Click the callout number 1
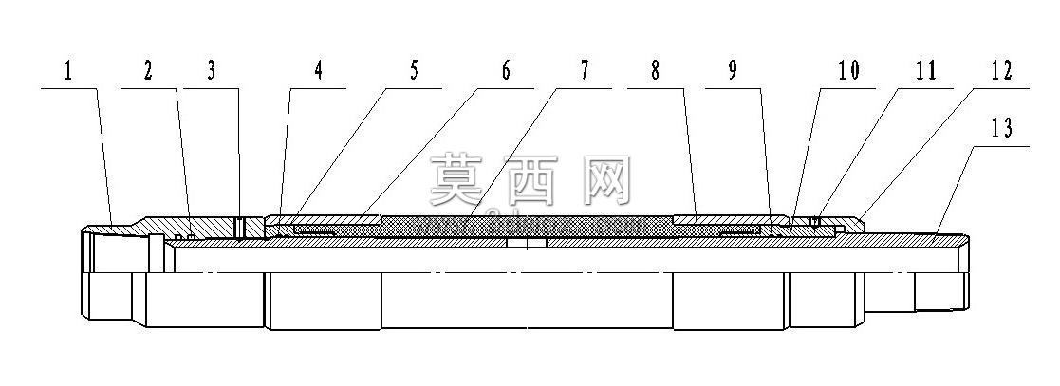(x=67, y=71)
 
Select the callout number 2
(x=148, y=71)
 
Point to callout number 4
(x=319, y=71)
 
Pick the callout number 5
(x=414, y=71)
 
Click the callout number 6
(x=506, y=71)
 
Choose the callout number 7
(x=584, y=71)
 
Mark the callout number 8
(x=655, y=71)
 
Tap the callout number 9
(x=733, y=71)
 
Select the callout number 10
(x=847, y=71)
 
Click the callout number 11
(x=924, y=71)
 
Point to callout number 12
(x=1001, y=71)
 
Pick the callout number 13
(x=1001, y=128)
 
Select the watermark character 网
(x=606, y=180)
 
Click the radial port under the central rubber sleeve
(x=527, y=241)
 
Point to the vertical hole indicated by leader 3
(x=239, y=228)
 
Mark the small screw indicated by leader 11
(x=817, y=221)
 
